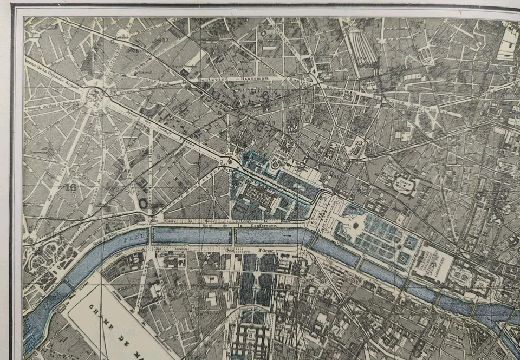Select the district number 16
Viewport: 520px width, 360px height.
tap(69, 187)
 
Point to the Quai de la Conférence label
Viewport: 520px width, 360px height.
tap(255, 224)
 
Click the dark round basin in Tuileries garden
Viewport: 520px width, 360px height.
tap(356, 225)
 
